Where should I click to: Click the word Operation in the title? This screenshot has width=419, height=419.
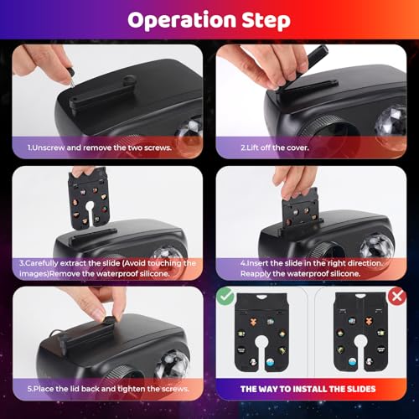click(182, 20)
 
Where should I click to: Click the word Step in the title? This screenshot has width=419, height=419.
click(266, 20)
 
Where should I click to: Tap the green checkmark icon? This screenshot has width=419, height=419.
click(225, 296)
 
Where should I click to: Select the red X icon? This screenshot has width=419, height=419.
click(397, 296)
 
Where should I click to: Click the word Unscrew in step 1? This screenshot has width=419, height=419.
click(49, 147)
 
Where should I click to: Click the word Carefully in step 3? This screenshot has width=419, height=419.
click(41, 263)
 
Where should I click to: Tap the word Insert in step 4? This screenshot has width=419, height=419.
click(258, 263)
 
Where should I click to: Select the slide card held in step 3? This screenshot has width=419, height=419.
click(88, 199)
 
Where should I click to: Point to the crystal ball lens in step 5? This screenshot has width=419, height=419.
click(173, 365)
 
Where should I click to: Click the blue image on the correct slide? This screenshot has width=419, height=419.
click(271, 362)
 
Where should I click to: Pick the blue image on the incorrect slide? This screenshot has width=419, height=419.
click(352, 362)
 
